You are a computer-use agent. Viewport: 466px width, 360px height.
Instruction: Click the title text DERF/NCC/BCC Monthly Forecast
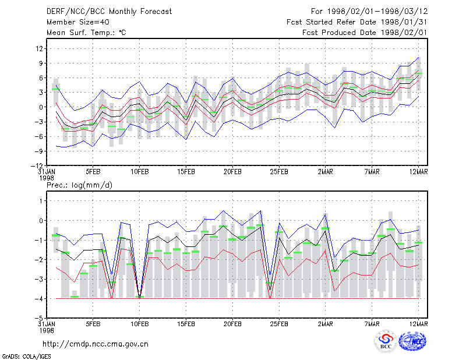[x=109, y=12]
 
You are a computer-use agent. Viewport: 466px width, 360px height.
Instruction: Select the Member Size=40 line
[x=78, y=22]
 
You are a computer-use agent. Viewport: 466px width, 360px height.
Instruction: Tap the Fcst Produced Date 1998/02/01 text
[x=365, y=33]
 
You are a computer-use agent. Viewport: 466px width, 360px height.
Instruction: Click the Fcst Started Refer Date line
[x=357, y=22]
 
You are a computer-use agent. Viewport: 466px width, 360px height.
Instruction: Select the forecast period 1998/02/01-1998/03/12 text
[x=369, y=12]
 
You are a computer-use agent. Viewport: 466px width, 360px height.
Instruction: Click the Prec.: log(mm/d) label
[x=79, y=185]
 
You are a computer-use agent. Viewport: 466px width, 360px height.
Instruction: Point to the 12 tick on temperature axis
[x=39, y=48]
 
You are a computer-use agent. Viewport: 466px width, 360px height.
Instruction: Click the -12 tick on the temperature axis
[x=37, y=165]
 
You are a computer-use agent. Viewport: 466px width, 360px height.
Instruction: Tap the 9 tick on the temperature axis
[x=41, y=63]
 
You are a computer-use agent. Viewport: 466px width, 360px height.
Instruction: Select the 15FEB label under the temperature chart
[x=186, y=172]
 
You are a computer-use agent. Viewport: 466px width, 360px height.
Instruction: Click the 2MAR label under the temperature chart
[x=326, y=172]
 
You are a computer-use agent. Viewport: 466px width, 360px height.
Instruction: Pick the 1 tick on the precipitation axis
[x=41, y=201]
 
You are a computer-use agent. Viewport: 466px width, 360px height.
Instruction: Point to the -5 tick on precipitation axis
[x=39, y=318]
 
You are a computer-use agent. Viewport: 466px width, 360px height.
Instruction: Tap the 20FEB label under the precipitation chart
[x=232, y=324]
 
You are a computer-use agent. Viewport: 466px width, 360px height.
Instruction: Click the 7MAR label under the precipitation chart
[x=372, y=324]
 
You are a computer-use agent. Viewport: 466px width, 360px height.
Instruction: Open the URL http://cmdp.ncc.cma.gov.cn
[x=96, y=344]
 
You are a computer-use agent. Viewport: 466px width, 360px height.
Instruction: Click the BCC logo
[x=386, y=342]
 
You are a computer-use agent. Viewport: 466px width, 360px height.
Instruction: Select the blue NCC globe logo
[x=412, y=341]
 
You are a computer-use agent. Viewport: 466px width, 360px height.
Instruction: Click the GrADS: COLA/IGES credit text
[x=26, y=357]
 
